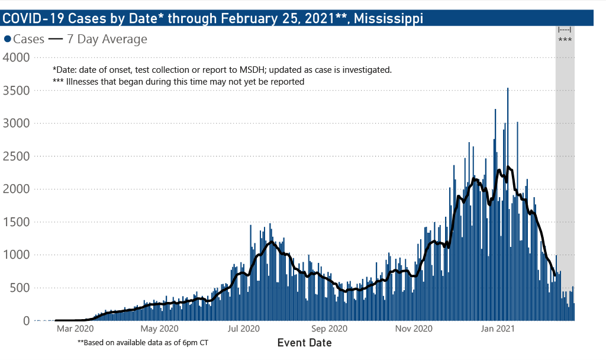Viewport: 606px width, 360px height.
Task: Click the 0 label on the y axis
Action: point(27,321)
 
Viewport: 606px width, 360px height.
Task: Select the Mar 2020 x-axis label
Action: point(75,329)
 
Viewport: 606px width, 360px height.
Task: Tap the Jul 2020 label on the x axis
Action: point(243,329)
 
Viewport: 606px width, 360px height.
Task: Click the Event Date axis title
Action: point(304,343)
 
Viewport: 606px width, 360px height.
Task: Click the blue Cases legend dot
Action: point(8,40)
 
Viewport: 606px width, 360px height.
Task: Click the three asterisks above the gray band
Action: point(565,40)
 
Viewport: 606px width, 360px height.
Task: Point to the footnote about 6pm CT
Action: point(143,343)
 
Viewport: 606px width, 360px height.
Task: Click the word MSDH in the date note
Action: point(252,70)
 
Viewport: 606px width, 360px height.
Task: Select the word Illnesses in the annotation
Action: point(85,82)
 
